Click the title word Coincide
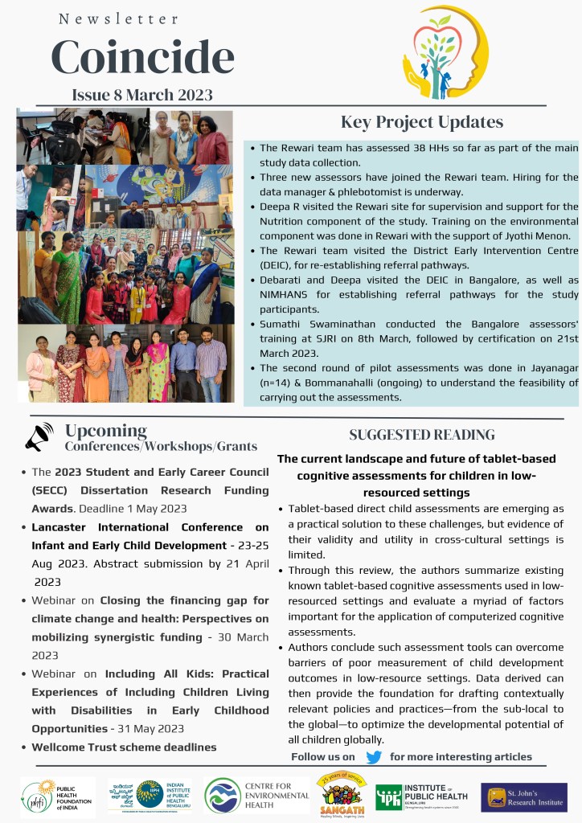pos(142,55)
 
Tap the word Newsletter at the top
pos(118,18)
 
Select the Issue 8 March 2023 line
pos(142,95)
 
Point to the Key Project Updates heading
pos(422,122)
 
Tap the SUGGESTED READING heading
pos(422,435)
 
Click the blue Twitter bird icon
pos(373,756)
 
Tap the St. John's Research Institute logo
pos(523,796)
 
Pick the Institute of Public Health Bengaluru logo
pos(423,796)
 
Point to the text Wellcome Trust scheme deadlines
pos(124,747)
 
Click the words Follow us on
pos(322,756)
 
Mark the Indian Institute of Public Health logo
pos(150,796)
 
